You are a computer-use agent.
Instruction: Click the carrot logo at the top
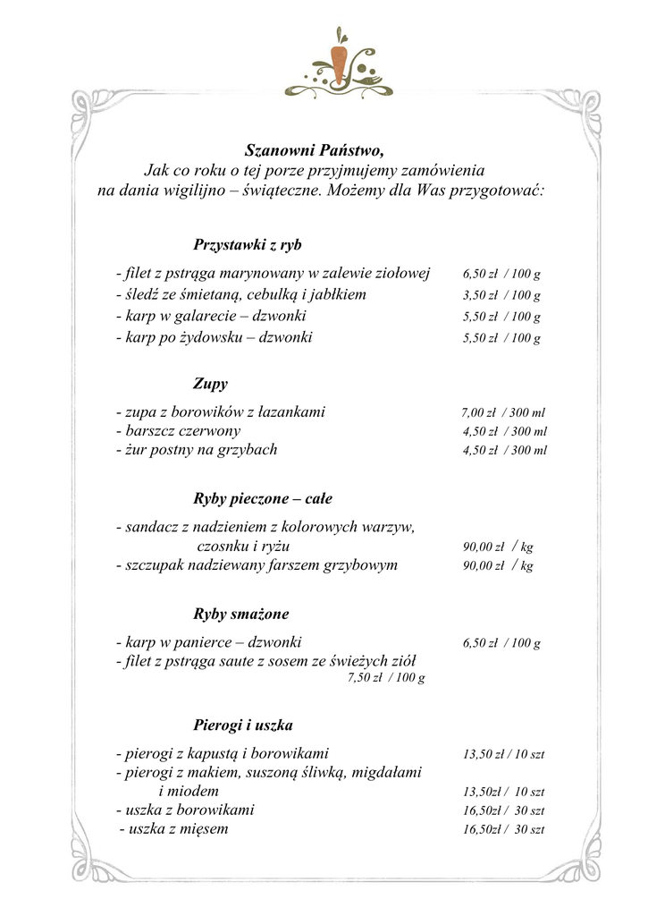point(339,64)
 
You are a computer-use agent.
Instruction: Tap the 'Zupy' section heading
point(210,384)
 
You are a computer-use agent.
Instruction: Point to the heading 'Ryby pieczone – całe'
point(263,498)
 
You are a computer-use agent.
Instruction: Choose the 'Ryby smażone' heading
point(241,615)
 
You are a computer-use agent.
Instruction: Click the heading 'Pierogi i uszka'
point(243,725)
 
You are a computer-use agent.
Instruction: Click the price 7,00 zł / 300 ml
point(502,413)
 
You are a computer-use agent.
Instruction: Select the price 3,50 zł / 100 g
point(501,295)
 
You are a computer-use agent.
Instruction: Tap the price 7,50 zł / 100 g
point(385,678)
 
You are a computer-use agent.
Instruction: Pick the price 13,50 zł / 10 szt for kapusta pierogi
point(503,755)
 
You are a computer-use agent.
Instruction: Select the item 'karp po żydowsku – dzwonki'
point(215,338)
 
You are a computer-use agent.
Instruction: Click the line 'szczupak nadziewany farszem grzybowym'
point(257,565)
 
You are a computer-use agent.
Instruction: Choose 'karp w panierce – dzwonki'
point(209,642)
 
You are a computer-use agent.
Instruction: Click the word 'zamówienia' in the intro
point(442,170)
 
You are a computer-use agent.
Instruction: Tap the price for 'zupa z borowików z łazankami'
point(502,413)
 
